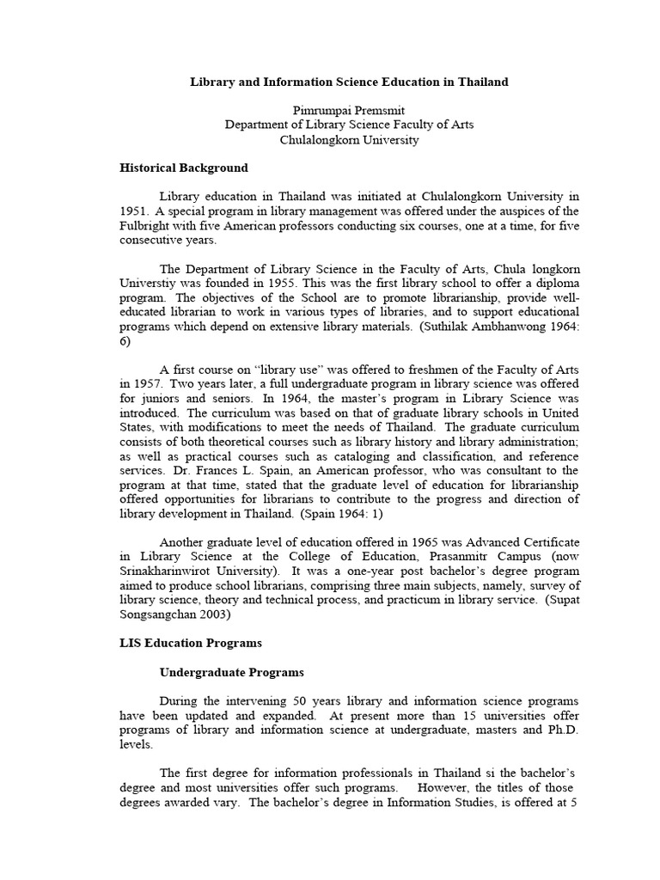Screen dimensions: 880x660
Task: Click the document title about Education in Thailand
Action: point(349,82)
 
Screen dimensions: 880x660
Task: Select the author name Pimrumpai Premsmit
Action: point(349,110)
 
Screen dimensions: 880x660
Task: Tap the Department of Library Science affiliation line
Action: point(349,125)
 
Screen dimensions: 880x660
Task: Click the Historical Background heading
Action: point(183,168)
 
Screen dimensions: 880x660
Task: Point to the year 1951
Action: point(133,211)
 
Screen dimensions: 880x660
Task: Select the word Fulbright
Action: point(147,225)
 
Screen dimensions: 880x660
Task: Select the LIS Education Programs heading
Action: point(190,642)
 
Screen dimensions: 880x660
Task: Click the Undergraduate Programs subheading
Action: point(231,672)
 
